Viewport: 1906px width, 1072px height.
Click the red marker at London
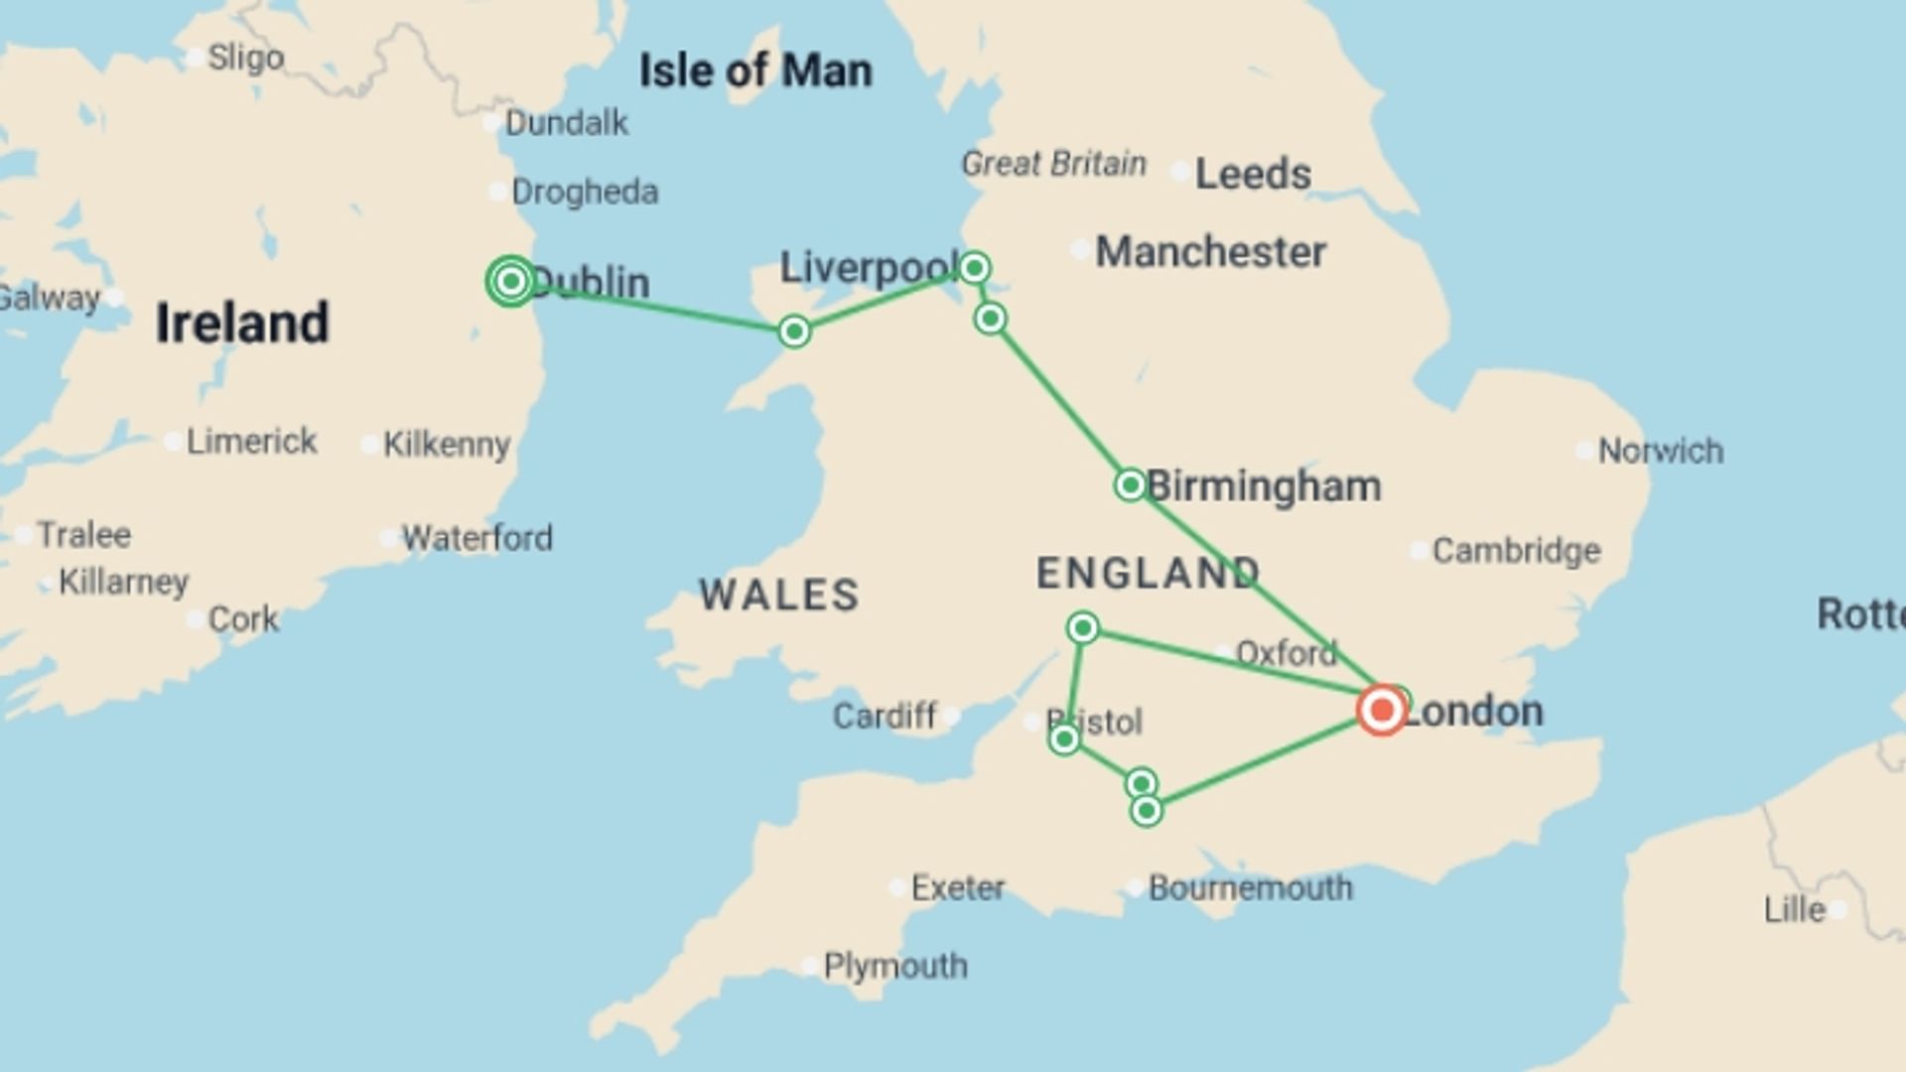click(x=1381, y=711)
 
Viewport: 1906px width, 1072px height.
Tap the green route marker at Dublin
click(x=511, y=282)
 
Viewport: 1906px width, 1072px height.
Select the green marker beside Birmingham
click(x=1130, y=485)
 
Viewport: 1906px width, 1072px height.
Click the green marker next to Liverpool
click(x=974, y=268)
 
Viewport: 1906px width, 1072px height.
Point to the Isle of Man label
click(x=755, y=71)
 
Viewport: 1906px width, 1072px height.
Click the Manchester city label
click(x=1210, y=252)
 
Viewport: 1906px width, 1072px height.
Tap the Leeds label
click(x=1253, y=175)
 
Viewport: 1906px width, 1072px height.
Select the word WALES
click(x=779, y=596)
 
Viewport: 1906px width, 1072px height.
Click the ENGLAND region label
click(x=1148, y=573)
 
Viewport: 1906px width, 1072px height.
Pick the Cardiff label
click(x=885, y=716)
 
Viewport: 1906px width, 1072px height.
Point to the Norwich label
click(x=1661, y=452)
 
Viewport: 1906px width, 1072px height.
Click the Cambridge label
click(x=1516, y=551)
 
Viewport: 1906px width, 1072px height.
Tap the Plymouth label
click(x=895, y=966)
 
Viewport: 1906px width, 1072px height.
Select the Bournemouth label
click(x=1250, y=888)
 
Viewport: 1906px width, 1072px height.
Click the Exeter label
click(x=958, y=887)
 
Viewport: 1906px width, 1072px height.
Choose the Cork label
click(x=243, y=619)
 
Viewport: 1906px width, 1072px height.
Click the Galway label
click(x=50, y=298)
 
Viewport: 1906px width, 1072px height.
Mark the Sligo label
click(x=245, y=58)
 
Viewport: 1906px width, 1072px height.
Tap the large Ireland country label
click(x=242, y=324)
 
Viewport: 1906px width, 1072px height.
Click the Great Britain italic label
click(x=1053, y=164)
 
